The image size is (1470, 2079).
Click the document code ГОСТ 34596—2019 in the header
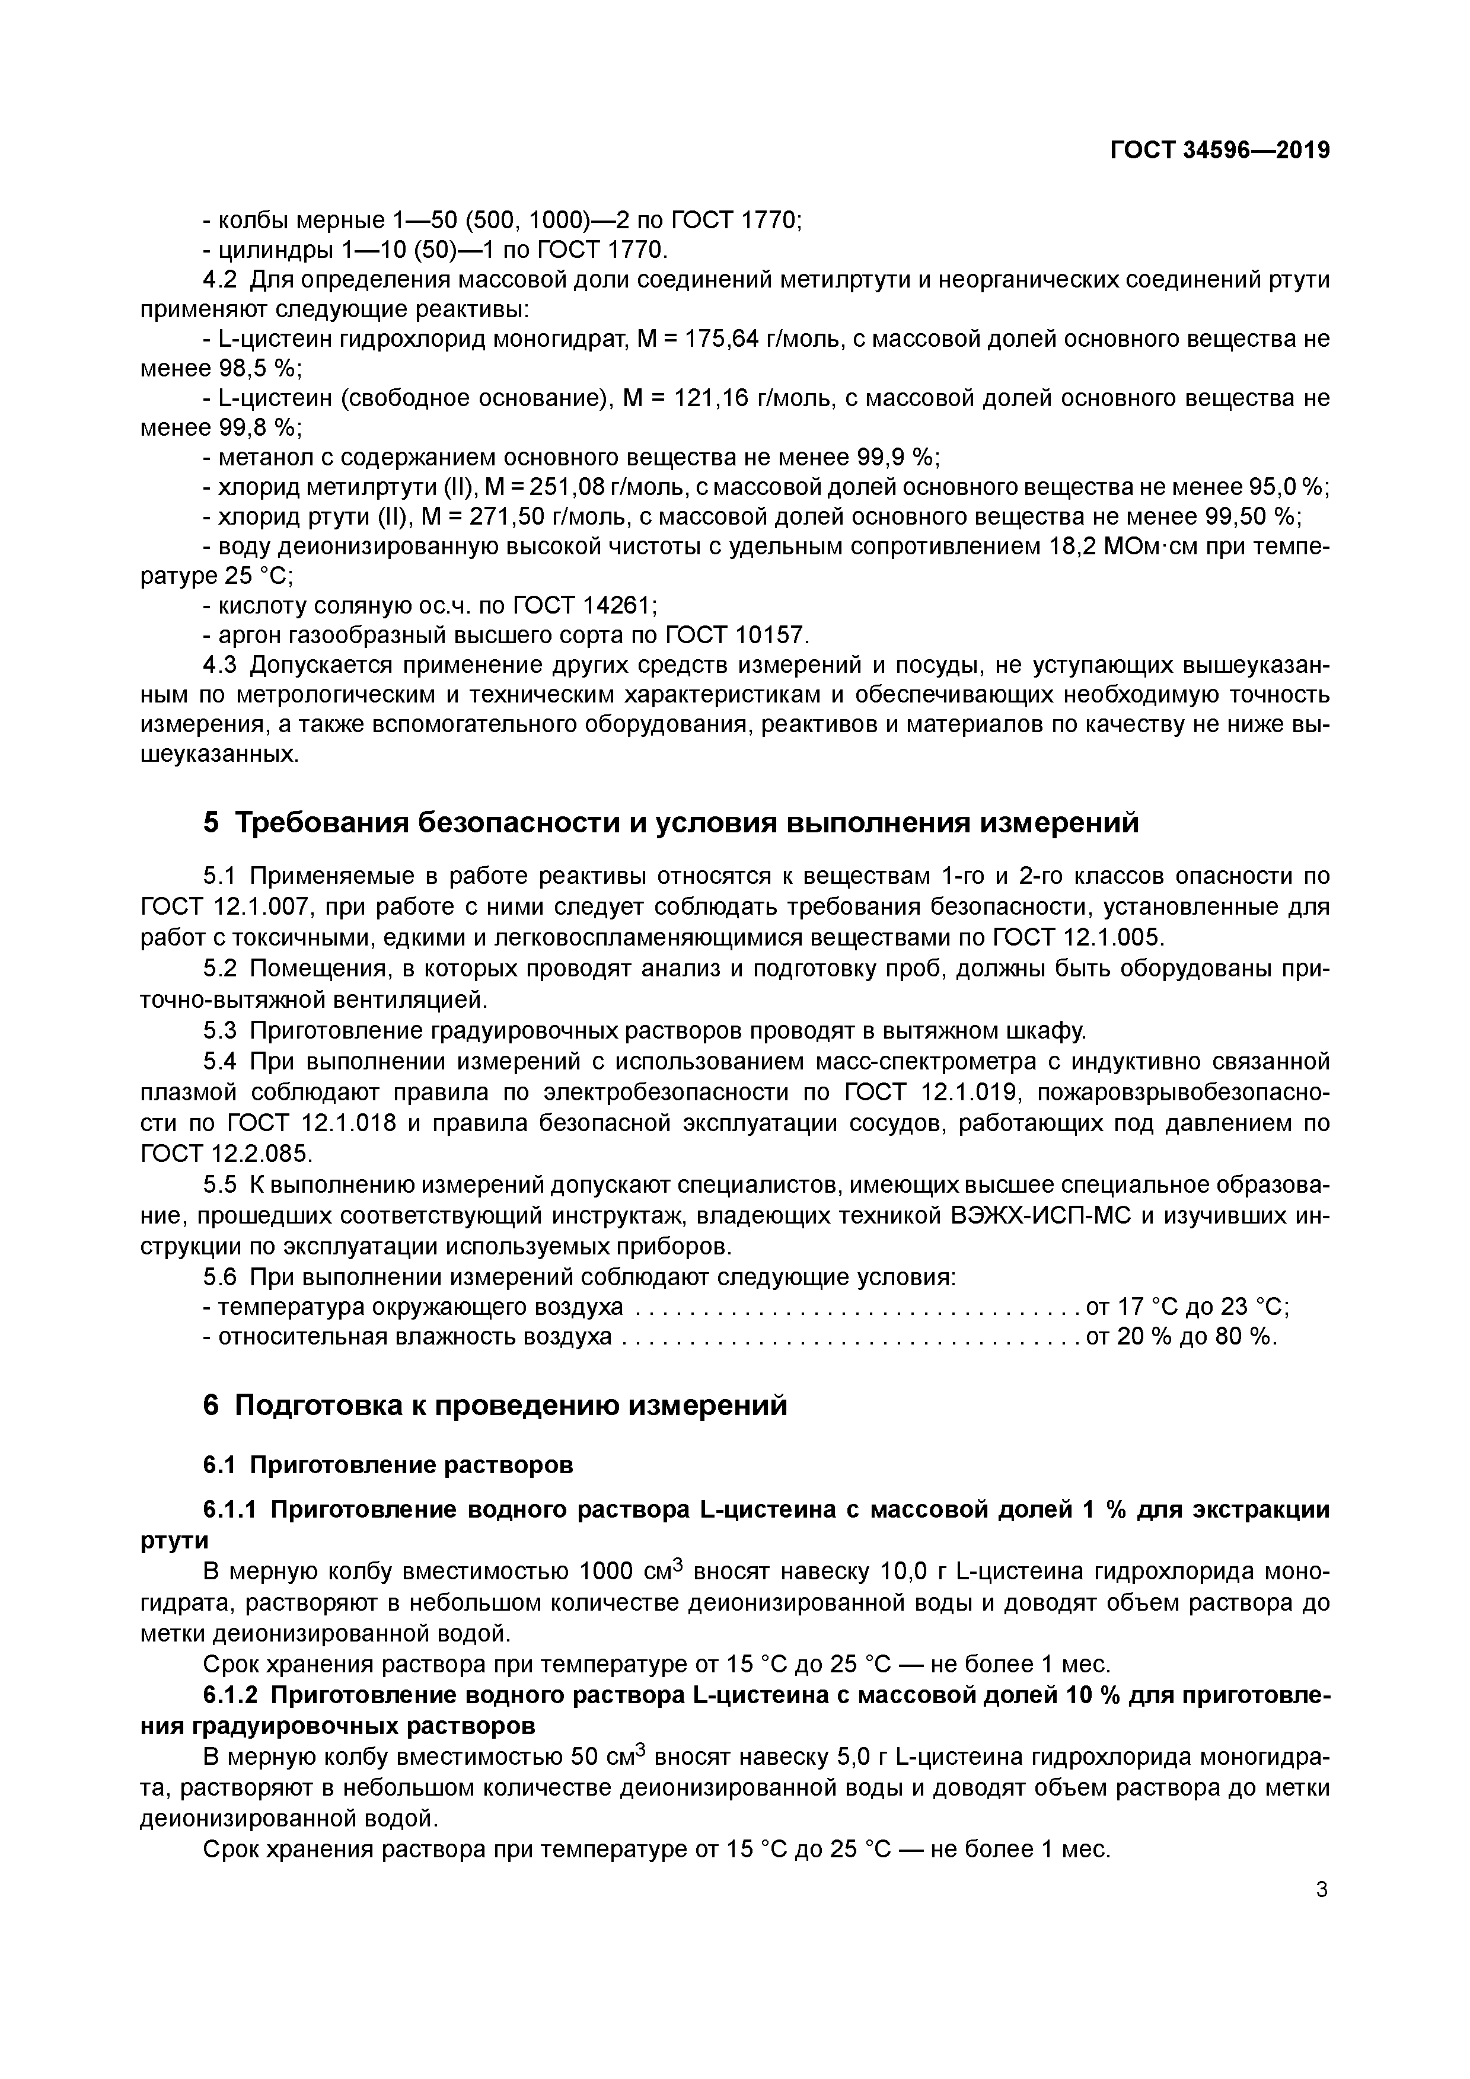(x=1219, y=151)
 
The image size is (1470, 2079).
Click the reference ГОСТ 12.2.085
(x=225, y=1154)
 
